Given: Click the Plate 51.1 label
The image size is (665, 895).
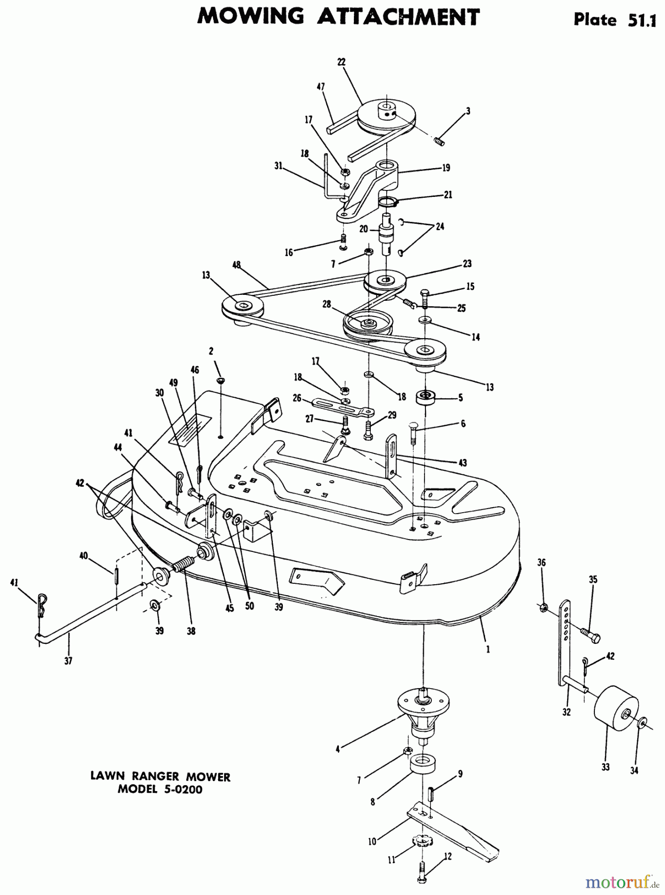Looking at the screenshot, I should (615, 19).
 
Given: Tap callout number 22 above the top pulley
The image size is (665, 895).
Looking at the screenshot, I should (341, 62).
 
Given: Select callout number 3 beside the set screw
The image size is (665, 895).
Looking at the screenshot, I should (468, 111).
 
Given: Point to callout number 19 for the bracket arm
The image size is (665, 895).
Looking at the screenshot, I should (446, 168).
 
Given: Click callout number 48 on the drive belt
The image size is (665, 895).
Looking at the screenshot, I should (237, 265).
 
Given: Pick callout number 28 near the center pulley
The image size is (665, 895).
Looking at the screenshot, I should (327, 304).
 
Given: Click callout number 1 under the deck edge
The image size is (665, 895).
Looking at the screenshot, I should (488, 649).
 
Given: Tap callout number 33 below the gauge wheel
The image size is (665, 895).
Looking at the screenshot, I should (605, 767).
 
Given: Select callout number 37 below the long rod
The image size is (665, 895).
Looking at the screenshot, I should (69, 661).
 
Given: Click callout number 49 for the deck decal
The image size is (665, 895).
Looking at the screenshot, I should (173, 382).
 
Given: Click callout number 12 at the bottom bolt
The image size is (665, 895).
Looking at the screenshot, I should (448, 856).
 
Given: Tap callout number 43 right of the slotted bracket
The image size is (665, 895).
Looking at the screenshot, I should (463, 463).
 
